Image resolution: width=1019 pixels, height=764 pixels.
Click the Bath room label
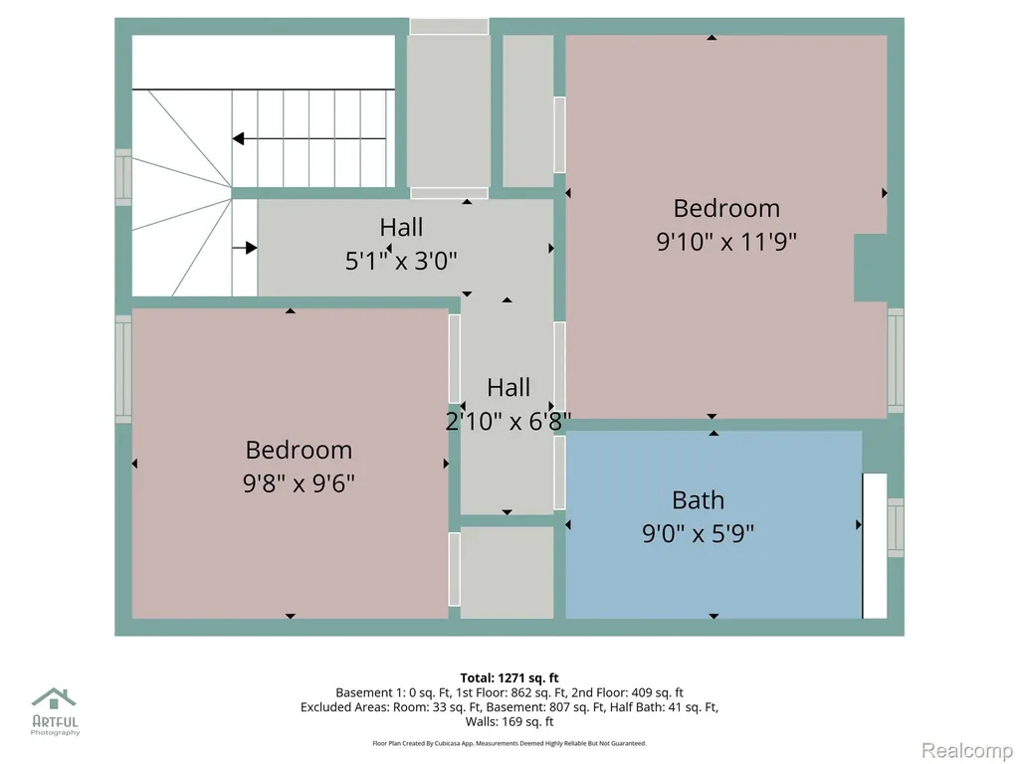click(x=698, y=500)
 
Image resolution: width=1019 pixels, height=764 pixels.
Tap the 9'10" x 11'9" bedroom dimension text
click(x=725, y=242)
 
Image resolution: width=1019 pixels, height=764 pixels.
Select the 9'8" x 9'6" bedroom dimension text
click(x=299, y=483)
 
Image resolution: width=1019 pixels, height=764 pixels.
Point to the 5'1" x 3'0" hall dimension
click(x=401, y=262)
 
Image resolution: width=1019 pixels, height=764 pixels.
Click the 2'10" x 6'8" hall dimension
click(x=509, y=422)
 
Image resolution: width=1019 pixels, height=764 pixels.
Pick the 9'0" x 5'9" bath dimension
click(x=698, y=534)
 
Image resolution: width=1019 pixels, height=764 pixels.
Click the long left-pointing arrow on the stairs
click(x=309, y=138)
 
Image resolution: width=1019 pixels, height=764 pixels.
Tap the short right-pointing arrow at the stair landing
click(x=245, y=248)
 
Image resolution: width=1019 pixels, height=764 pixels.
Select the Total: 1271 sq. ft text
click(x=509, y=678)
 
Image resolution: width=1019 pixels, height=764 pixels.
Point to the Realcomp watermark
click(x=967, y=750)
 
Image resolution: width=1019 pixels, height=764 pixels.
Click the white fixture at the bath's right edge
click(x=875, y=546)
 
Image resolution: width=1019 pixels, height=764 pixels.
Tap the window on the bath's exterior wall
click(x=896, y=527)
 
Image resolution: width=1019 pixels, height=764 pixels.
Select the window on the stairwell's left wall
click(x=123, y=177)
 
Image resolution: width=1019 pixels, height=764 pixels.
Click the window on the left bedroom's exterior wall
click(x=123, y=369)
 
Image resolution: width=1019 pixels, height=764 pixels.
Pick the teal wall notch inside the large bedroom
click(x=871, y=268)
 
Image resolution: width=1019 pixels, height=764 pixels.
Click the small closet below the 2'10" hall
click(x=507, y=572)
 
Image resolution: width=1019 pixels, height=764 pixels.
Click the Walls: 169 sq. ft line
click(x=509, y=722)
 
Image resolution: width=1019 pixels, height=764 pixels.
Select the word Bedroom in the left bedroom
click(x=299, y=451)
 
